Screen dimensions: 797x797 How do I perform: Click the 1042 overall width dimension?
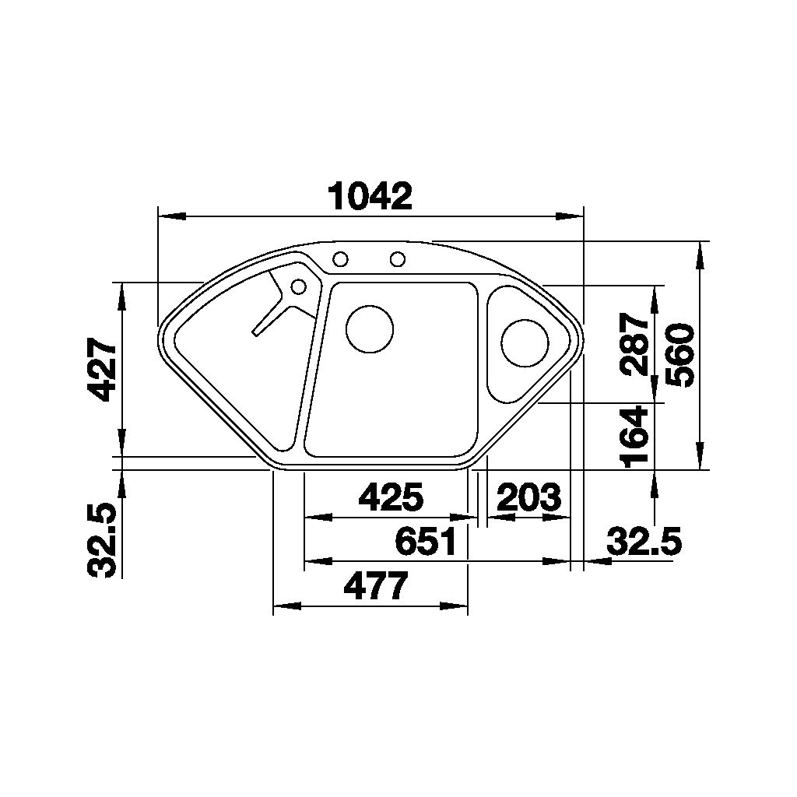[x=370, y=195]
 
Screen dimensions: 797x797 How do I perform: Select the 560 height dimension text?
[x=680, y=355]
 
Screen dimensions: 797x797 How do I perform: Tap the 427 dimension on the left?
[x=102, y=370]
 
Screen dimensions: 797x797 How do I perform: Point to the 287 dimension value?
[x=635, y=343]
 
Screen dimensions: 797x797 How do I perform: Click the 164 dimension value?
[x=635, y=437]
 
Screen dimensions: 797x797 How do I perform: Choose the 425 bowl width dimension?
[x=391, y=497]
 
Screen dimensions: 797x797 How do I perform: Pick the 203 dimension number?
[x=528, y=497]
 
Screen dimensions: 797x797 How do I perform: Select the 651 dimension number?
[x=426, y=541]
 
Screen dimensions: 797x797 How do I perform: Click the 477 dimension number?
[x=376, y=586]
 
